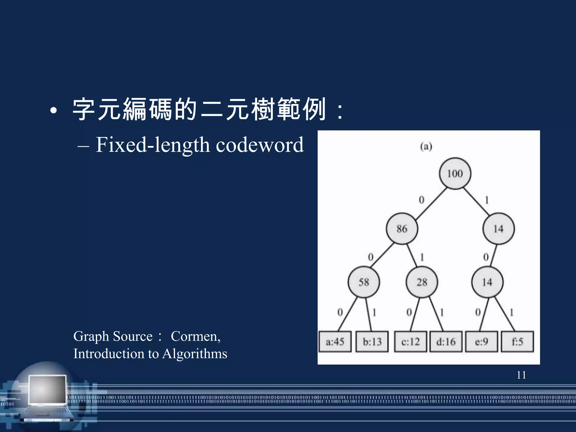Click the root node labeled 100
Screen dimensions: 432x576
click(455, 173)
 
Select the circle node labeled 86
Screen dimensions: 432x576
click(402, 228)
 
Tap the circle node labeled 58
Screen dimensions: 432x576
click(363, 282)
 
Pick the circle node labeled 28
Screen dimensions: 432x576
click(422, 282)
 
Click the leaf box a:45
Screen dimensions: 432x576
click(335, 342)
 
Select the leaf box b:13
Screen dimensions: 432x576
click(372, 342)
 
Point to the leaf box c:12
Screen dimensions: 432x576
click(410, 342)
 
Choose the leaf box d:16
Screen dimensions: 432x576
click(446, 342)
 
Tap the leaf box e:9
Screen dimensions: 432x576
click(481, 342)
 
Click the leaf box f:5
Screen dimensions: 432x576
click(517, 342)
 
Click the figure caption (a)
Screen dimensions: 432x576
click(426, 147)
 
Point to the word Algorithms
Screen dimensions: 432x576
click(195, 354)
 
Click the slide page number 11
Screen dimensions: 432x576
click(521, 375)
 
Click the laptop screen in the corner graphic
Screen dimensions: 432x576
click(48, 389)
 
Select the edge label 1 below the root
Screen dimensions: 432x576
click(487, 200)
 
